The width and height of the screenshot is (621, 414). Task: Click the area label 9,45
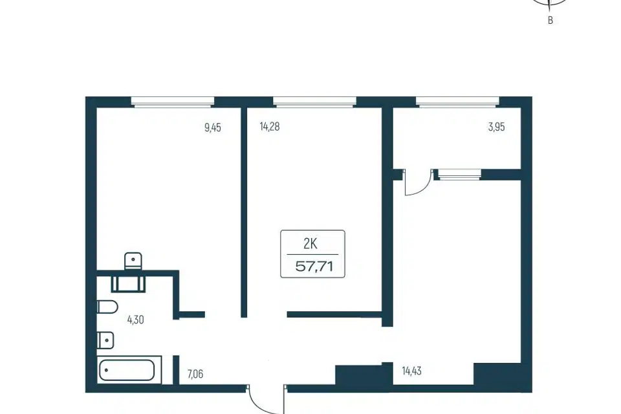(x=213, y=127)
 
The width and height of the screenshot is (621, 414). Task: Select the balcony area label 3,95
(x=497, y=127)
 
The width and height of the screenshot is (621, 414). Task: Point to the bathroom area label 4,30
(x=135, y=320)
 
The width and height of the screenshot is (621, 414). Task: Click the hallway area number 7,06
(x=195, y=374)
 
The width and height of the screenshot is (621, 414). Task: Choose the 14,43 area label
(x=411, y=371)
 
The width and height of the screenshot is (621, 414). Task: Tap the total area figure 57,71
(x=314, y=267)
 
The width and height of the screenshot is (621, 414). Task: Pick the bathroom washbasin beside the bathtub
(x=105, y=340)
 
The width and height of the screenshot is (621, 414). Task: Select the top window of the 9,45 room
(x=173, y=102)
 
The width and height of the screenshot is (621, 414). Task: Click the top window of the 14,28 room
(x=314, y=102)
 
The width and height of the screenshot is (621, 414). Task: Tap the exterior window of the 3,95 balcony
(x=457, y=102)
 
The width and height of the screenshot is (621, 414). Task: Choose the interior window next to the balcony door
(x=459, y=175)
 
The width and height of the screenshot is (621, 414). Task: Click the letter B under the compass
(x=550, y=21)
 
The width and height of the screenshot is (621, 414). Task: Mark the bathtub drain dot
(x=107, y=371)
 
